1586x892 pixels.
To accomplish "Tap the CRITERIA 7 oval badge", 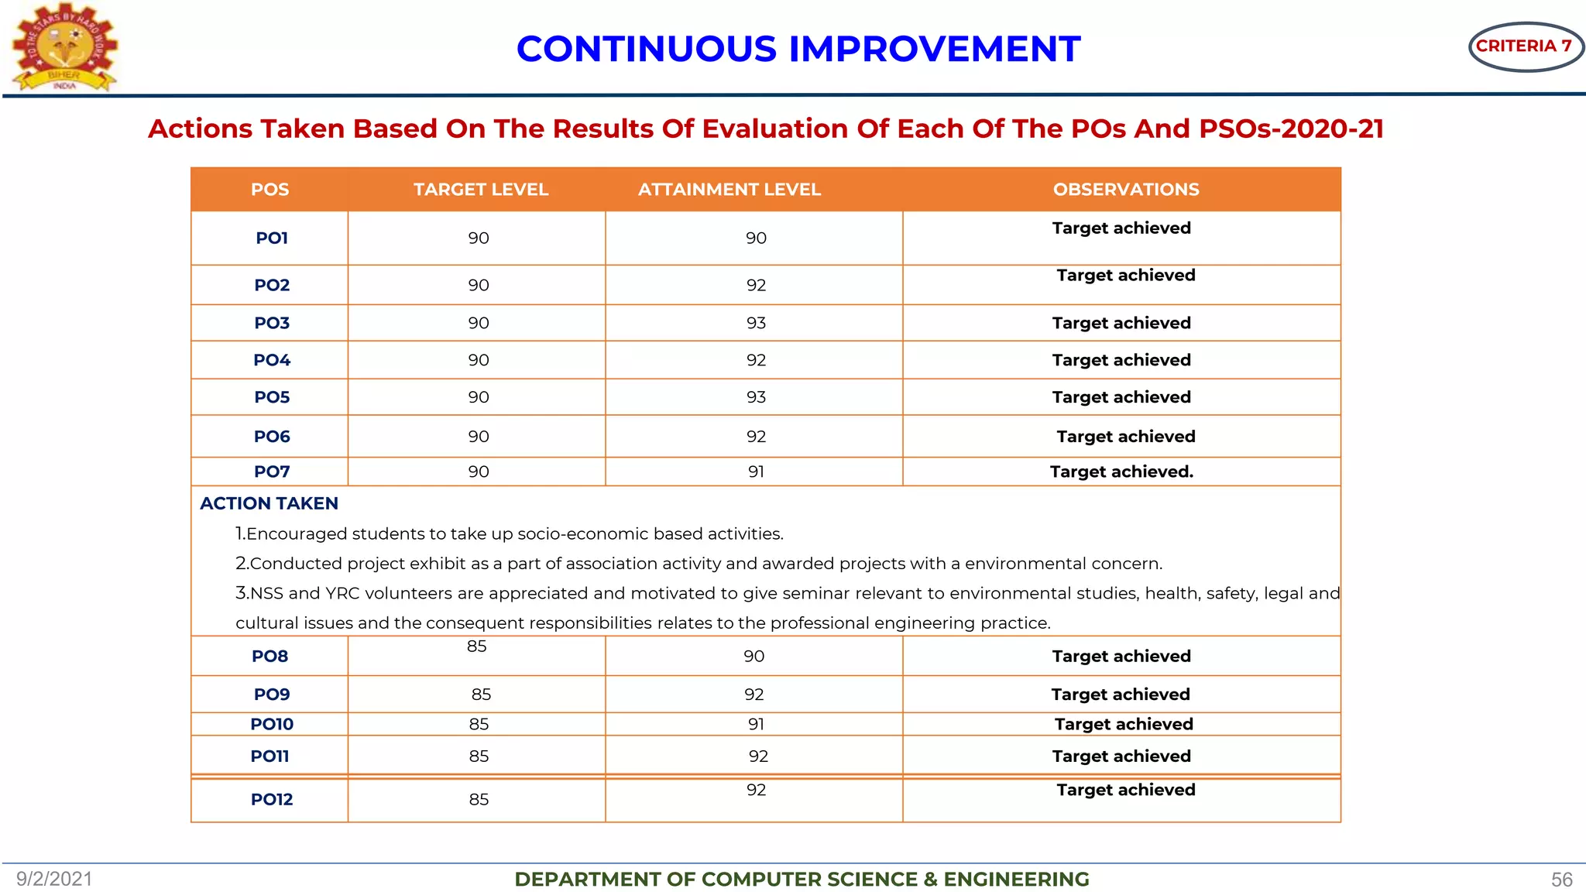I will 1524,46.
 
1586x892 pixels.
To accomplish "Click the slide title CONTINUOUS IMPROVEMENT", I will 798,50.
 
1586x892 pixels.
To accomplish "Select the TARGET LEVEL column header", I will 481,190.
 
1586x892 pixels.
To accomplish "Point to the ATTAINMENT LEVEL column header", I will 729,190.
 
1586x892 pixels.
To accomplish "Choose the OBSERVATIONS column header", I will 1125,190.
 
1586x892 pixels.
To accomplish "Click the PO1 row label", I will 272,238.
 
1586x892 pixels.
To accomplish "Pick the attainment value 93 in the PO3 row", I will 756,323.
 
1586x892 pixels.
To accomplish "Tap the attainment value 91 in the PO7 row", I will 756,472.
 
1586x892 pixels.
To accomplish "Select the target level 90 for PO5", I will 479,397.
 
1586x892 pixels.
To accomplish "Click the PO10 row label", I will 272,724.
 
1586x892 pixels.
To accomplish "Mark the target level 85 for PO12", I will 479,799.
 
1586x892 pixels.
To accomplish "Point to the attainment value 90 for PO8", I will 754,657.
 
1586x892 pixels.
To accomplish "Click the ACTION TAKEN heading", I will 269,503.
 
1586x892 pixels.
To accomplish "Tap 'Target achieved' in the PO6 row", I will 1125,437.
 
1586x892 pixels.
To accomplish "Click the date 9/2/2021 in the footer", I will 54,879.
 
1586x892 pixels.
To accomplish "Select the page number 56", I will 1561,880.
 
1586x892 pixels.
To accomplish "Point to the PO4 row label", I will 272,360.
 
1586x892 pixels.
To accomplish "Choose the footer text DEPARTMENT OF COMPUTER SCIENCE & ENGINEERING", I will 802,880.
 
